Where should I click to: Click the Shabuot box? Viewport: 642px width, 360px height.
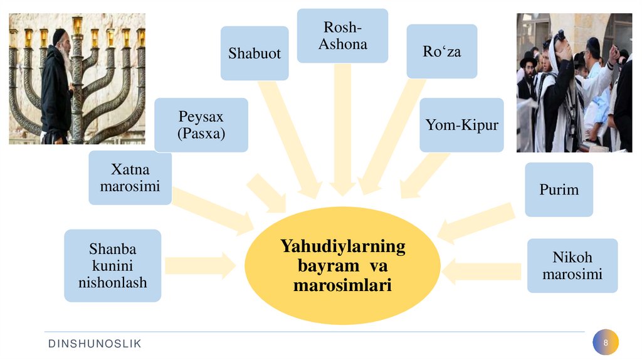click(255, 53)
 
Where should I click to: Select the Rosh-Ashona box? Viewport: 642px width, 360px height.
click(342, 36)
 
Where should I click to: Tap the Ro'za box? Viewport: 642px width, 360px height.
click(441, 51)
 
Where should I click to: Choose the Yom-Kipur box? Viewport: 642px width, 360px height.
click(461, 125)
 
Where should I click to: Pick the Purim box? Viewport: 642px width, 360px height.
click(559, 189)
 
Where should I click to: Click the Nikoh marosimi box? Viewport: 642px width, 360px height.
click(572, 265)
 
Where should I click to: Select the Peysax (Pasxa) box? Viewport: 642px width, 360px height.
click(201, 125)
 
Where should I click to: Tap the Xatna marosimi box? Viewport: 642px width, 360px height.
click(130, 177)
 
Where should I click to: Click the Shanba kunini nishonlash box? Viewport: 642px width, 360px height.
click(113, 265)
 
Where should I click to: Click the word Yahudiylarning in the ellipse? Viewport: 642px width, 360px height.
click(342, 245)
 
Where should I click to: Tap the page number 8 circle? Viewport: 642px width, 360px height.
click(606, 342)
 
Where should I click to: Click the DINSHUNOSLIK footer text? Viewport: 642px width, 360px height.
click(95, 343)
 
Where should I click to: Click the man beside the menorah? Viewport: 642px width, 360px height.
click(57, 88)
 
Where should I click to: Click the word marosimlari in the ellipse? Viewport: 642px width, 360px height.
click(342, 286)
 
